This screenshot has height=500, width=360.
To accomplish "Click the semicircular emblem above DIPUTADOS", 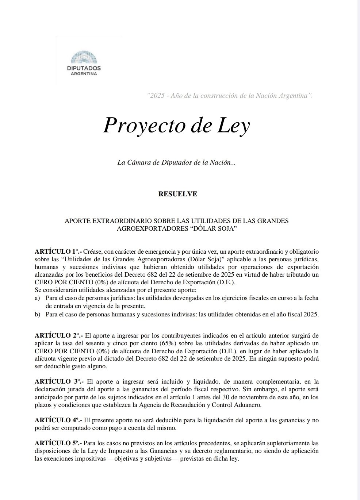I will click(x=84, y=58).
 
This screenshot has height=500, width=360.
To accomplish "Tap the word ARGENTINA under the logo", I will click(x=84, y=74).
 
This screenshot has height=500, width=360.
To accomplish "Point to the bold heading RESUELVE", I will click(x=178, y=194).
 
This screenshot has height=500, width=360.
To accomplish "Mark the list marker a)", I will click(x=37, y=298).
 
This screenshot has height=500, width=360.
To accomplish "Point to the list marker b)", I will click(x=37, y=314).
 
